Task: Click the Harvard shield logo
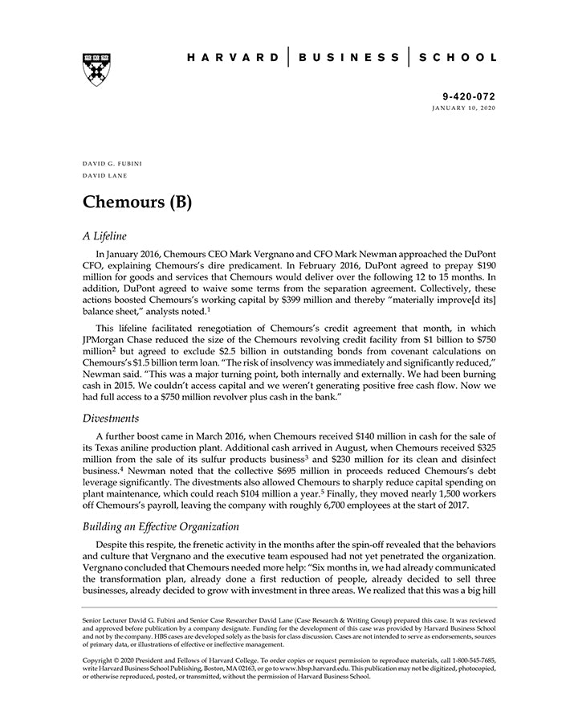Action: (96, 69)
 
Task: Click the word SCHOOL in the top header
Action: (458, 58)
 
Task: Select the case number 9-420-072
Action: (469, 96)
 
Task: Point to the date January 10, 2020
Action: (464, 107)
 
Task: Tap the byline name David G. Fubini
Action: (112, 163)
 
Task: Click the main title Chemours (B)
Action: (137, 201)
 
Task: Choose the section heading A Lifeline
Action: (105, 236)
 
